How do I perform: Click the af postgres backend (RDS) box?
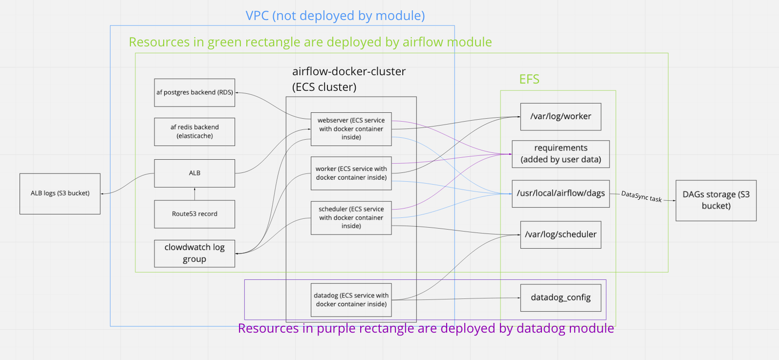195,92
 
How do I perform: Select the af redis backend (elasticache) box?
195,131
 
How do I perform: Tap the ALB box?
195,173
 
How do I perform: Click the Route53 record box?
195,214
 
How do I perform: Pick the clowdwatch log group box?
195,253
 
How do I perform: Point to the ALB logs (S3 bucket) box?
60,193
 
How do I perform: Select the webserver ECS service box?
351,129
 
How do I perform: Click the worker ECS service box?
351,173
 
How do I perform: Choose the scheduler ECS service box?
351,217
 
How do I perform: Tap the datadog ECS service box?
351,299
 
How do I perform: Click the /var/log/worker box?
561,117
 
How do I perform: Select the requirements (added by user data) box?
561,154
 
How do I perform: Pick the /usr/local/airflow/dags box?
561,193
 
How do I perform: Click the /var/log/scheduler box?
561,234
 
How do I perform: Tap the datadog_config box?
561,297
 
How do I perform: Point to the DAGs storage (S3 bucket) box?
716,200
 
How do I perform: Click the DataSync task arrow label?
641,196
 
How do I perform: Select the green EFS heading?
529,79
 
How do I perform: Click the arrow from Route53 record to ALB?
195,194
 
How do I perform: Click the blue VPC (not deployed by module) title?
335,16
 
